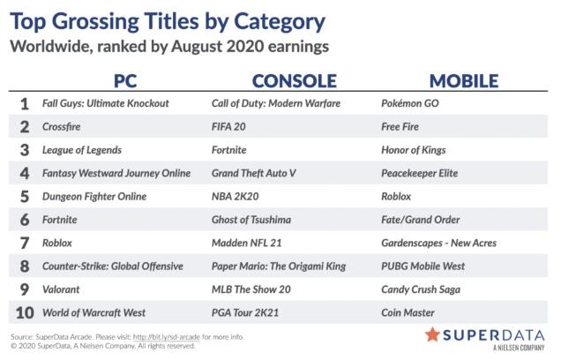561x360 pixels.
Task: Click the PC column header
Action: pos(125,81)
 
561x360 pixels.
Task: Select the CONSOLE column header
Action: pos(295,81)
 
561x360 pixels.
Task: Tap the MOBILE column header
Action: pos(464,81)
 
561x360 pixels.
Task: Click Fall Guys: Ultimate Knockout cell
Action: pos(106,103)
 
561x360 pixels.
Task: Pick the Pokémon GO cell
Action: pos(410,103)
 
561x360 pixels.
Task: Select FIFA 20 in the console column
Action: pos(228,127)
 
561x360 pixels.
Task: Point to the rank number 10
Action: pos(25,312)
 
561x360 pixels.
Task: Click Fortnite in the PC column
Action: pos(60,220)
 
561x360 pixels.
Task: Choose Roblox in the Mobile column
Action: pos(396,197)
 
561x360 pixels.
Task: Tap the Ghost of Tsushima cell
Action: pos(251,220)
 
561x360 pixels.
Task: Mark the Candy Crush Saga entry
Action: pos(421,289)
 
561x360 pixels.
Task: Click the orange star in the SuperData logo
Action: pos(432,334)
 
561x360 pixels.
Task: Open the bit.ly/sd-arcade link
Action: pos(167,337)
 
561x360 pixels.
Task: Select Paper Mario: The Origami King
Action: pos(279,266)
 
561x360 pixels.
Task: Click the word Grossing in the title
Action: pos(97,22)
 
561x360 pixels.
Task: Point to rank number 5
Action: pos(25,197)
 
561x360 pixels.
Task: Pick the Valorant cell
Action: pos(61,289)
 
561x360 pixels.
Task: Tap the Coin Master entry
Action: pos(408,312)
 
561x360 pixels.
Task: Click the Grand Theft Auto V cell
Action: pos(254,173)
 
